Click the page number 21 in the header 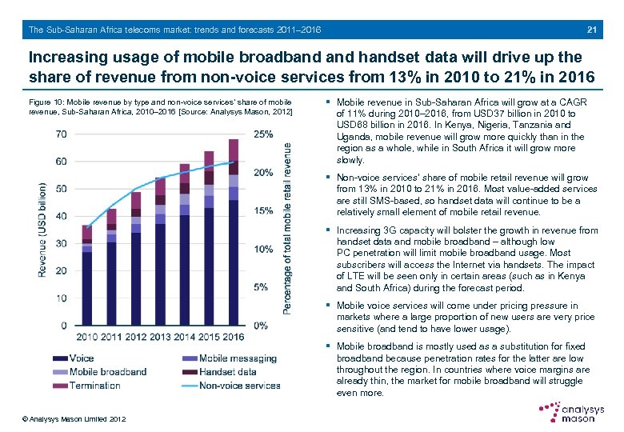point(592,30)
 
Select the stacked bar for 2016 point(234,232)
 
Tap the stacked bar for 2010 point(87,275)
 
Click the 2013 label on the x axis point(161,336)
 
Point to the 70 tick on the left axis point(62,134)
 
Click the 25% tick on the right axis point(262,134)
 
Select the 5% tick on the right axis point(260,287)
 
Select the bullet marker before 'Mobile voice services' point(329,306)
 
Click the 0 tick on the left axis point(64,326)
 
